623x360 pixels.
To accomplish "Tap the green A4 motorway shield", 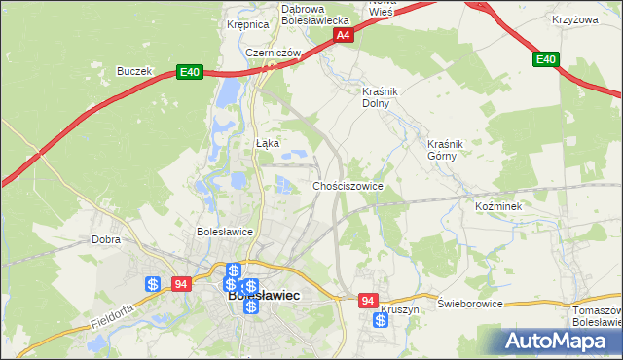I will (343, 35).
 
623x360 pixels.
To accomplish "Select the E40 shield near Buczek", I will (190, 72).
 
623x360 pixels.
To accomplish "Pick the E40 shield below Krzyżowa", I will (546, 60).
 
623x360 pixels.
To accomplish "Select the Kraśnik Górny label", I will (449, 150).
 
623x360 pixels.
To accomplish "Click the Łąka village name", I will (268, 143).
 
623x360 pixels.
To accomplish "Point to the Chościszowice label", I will (348, 185).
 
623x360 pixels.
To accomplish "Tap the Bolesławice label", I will (225, 232).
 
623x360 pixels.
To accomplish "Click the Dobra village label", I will (105, 238).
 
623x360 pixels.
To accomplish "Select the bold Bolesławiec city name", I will (263, 295).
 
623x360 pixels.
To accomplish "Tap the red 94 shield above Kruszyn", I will (368, 302).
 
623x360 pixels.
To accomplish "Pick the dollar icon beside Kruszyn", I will (380, 319).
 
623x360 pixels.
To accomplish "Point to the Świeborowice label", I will (470, 304).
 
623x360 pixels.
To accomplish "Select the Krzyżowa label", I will (572, 18).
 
